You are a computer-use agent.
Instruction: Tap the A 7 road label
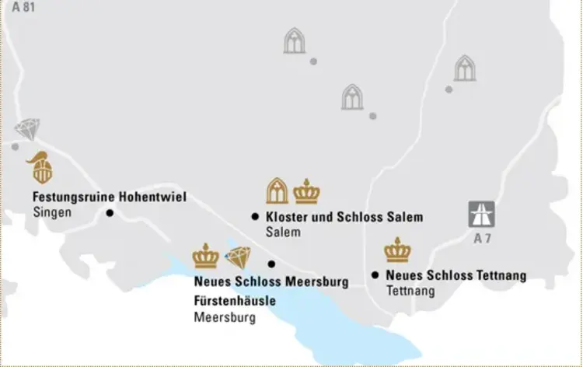tap(482, 239)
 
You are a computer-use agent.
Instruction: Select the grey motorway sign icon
tap(481, 214)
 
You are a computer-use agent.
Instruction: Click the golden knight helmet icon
tap(40, 167)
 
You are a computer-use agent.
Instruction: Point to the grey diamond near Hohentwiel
tap(27, 130)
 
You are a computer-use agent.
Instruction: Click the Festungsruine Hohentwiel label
tap(109, 197)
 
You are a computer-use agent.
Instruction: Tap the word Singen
tap(52, 212)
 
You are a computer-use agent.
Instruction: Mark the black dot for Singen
tap(110, 212)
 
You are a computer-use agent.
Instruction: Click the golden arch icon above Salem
tap(277, 190)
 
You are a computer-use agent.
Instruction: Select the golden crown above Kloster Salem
tap(307, 191)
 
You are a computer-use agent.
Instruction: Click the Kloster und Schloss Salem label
tap(344, 217)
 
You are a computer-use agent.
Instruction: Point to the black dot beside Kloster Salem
tap(255, 217)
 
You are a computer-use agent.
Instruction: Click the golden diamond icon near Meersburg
tap(238, 257)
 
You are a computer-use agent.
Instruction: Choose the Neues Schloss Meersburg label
tap(271, 281)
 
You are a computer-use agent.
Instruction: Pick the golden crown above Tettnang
tap(397, 250)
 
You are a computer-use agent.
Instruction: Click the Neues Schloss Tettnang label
tap(456, 275)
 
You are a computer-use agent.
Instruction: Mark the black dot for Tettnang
tap(375, 274)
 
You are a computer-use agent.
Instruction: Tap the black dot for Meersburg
tap(271, 264)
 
